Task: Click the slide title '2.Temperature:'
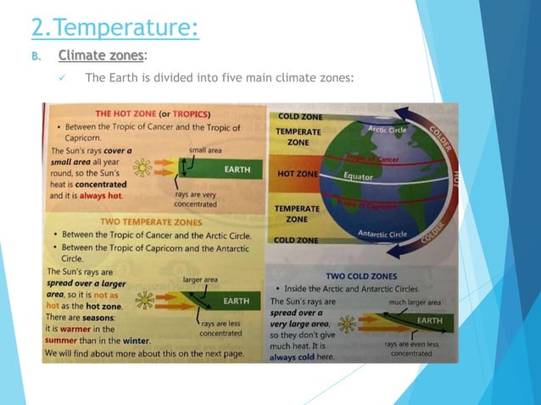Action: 114,27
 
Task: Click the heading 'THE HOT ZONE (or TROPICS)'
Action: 153,114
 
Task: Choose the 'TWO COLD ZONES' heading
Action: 361,276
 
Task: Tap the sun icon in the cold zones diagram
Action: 346,324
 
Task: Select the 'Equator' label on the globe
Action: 360,176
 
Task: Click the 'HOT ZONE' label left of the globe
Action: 297,174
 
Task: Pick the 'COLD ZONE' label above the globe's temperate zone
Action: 294,116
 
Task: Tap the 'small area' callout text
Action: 205,150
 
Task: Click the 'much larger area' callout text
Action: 415,302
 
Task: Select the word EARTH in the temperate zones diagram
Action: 235,301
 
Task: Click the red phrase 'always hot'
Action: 103,196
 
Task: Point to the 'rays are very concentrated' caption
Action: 195,199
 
